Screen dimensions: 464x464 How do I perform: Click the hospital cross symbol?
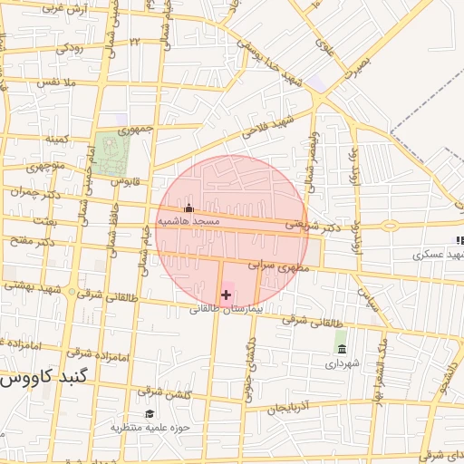point(226,295)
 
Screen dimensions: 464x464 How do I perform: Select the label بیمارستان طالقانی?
point(226,308)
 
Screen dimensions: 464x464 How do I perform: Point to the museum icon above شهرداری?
point(341,350)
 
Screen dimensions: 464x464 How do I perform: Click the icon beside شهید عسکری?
point(459,240)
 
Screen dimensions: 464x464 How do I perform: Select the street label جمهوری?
point(135,130)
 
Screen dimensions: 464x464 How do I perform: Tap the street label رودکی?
point(69,48)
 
